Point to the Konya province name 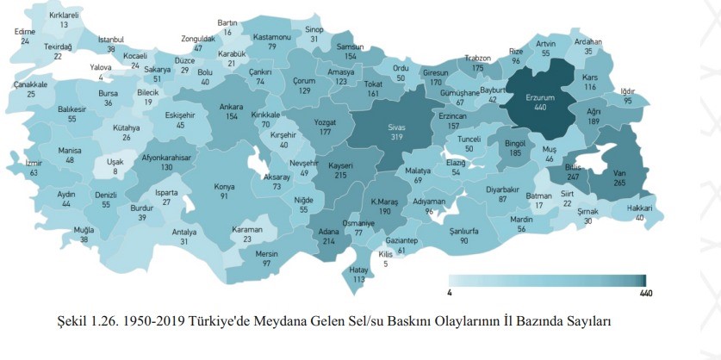tap(225, 186)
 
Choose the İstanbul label tap(111, 39)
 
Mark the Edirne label tap(25, 32)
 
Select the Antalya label tap(184, 232)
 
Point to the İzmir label tap(34, 163)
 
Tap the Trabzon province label tap(478, 58)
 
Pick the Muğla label tap(84, 230)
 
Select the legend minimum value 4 tap(451, 294)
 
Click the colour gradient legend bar tap(549, 281)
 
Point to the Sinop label tap(314, 28)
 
